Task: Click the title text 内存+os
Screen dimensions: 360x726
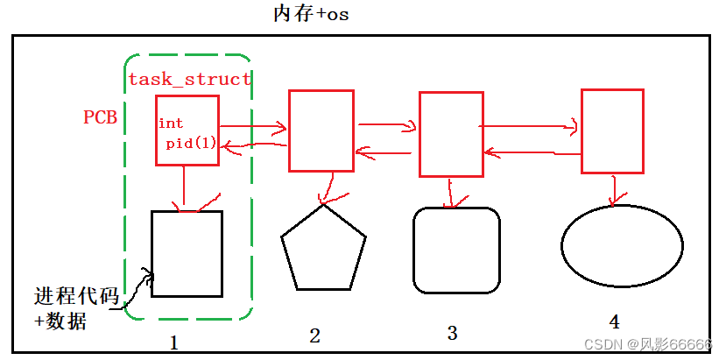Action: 312,15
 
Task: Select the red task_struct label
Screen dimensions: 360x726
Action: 190,79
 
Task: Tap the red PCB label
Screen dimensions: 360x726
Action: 100,116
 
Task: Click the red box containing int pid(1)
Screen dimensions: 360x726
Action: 186,130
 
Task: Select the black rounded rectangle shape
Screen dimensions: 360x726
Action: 455,250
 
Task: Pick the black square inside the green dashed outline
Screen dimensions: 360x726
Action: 187,254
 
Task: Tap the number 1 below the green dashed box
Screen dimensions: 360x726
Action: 173,342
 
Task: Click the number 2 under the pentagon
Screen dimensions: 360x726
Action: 314,335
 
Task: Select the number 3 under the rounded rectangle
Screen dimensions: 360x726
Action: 452,333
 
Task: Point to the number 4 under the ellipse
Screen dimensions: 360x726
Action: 616,321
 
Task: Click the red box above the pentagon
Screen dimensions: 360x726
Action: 321,130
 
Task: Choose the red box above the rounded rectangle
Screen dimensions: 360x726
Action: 451,134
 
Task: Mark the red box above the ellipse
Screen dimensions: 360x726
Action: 612,131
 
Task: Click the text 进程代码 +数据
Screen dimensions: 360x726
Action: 74,307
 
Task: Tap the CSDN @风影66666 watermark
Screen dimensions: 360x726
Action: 649,345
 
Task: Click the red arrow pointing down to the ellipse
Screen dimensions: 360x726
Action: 617,188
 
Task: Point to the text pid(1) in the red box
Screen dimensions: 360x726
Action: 191,142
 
